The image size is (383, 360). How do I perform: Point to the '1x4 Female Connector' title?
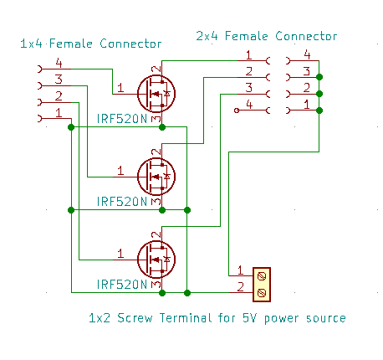(x=91, y=43)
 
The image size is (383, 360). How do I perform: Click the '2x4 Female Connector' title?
(x=267, y=36)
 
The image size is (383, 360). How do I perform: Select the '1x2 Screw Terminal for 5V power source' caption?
(x=217, y=318)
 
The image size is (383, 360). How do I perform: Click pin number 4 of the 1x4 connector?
(x=59, y=63)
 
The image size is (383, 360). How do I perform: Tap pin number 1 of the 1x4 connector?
(x=59, y=112)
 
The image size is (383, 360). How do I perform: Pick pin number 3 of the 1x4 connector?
(x=59, y=80)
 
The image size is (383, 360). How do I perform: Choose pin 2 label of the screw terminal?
(x=240, y=287)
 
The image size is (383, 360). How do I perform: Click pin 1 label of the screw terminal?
(x=240, y=270)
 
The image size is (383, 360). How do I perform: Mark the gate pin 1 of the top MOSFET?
(x=120, y=88)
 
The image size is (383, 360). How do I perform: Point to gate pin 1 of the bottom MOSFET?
(x=120, y=253)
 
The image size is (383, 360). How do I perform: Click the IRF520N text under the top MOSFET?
(x=121, y=118)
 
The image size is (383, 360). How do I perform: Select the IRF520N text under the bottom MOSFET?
(x=121, y=285)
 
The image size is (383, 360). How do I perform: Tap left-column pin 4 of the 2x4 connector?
(x=249, y=105)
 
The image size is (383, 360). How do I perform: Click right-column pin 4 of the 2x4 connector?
(x=307, y=55)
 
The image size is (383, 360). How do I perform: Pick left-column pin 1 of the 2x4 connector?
(x=249, y=55)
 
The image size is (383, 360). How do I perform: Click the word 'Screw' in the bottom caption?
(x=136, y=318)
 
